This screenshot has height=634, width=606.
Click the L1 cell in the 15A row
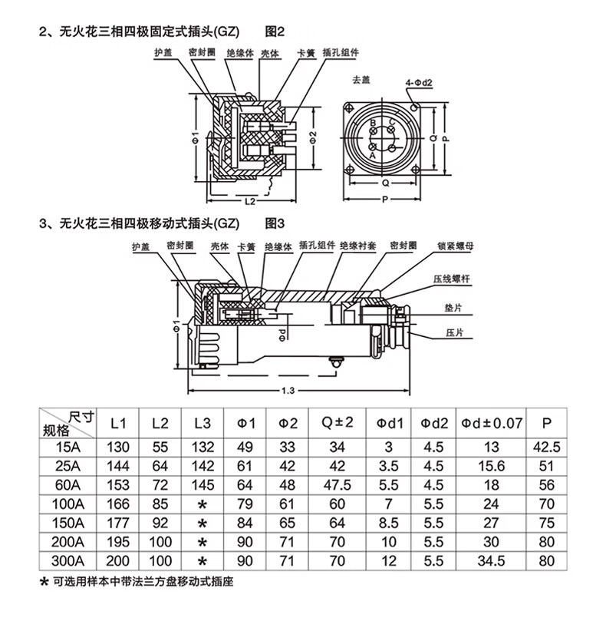click(118, 447)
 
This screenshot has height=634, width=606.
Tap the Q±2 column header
click(337, 423)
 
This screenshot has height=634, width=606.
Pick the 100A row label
click(68, 504)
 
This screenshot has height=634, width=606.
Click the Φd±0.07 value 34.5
click(491, 561)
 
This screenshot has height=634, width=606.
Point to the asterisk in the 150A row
click(203, 523)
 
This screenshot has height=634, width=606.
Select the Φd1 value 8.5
click(389, 523)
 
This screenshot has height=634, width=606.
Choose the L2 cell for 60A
click(160, 485)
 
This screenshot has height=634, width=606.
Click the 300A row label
click(68, 561)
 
